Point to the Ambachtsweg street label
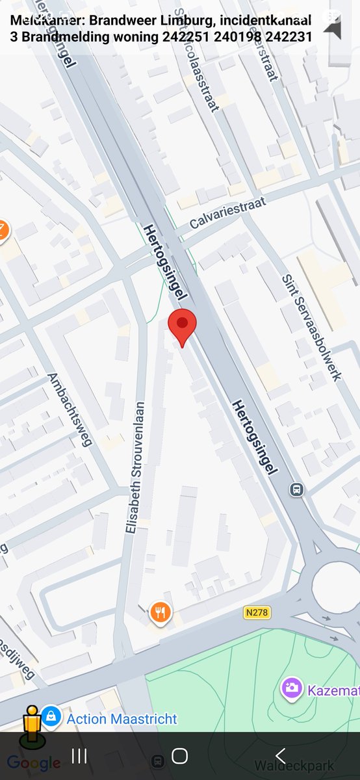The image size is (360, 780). coord(70,410)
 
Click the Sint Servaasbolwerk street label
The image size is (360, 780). coord(311,327)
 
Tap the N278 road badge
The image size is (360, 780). coord(257,612)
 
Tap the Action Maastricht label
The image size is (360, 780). coord(122,719)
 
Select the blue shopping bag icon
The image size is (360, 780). coord(51,718)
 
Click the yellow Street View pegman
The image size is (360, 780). coord(31,725)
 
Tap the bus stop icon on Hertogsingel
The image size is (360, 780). coord(297,488)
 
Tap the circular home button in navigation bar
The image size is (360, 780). coord(179,756)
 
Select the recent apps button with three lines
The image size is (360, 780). coord(79,756)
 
